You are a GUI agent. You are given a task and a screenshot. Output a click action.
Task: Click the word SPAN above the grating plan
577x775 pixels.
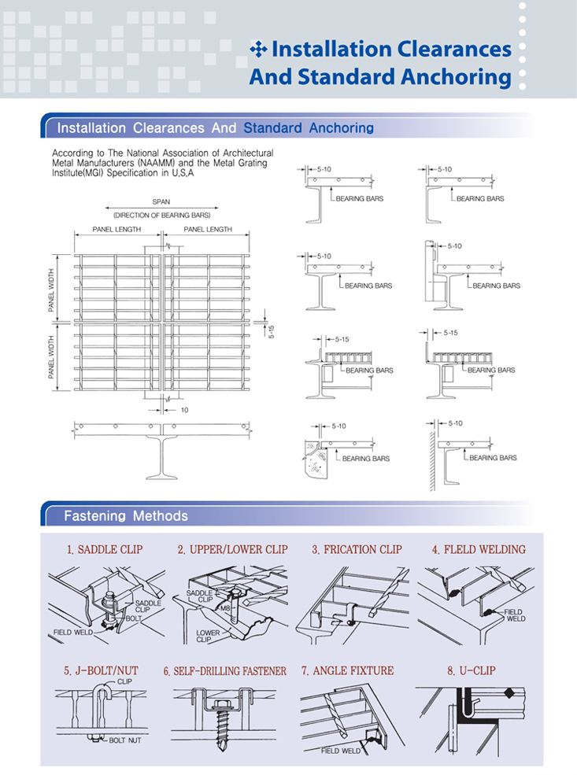[161, 201]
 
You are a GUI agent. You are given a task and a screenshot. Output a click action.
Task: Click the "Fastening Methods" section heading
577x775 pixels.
[126, 516]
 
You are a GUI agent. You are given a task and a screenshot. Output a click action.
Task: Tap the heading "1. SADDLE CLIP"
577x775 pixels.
[105, 550]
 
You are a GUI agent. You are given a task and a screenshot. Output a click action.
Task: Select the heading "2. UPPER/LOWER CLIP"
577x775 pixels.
[233, 550]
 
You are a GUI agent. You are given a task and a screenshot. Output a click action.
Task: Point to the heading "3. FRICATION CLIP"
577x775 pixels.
[357, 550]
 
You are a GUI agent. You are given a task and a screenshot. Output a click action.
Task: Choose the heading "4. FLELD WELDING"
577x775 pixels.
[479, 550]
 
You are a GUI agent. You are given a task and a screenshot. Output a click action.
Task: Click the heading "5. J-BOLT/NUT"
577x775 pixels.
[101, 670]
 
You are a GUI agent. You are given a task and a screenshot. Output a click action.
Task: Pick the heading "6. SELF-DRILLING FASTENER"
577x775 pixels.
[225, 671]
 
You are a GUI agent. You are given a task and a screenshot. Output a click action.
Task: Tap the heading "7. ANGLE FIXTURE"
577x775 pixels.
[348, 670]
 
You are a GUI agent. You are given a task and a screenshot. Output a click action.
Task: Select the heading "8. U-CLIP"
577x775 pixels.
[472, 670]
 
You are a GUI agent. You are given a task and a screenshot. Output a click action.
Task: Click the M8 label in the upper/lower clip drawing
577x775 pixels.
[225, 608]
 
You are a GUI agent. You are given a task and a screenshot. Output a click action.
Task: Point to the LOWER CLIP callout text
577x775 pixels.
[208, 636]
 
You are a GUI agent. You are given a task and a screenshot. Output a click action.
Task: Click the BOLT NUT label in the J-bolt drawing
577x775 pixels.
[125, 740]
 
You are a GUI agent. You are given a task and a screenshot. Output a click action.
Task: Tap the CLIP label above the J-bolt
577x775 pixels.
[124, 681]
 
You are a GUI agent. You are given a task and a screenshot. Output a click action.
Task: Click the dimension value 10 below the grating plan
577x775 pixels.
[184, 410]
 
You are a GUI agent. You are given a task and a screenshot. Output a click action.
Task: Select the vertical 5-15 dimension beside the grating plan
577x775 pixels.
[272, 331]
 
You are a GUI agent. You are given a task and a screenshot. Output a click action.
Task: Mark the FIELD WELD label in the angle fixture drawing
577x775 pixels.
[341, 751]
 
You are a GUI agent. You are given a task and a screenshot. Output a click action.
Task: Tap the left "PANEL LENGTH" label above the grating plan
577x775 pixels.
[117, 229]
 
